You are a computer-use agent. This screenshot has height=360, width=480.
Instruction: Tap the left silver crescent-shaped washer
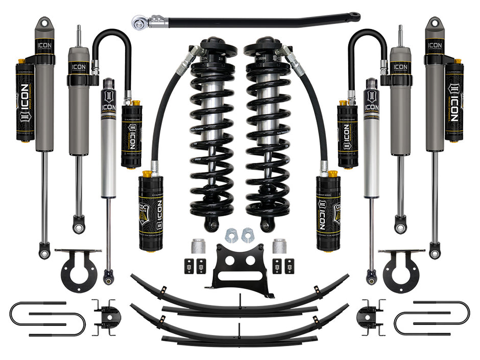[x=231, y=234]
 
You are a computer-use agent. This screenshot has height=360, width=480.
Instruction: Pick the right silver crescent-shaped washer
[x=248, y=234]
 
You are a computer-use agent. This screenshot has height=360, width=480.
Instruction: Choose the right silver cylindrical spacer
[x=278, y=247]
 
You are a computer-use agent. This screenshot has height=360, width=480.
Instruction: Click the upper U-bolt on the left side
[x=38, y=308]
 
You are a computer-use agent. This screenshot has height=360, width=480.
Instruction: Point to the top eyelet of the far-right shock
[x=435, y=23]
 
